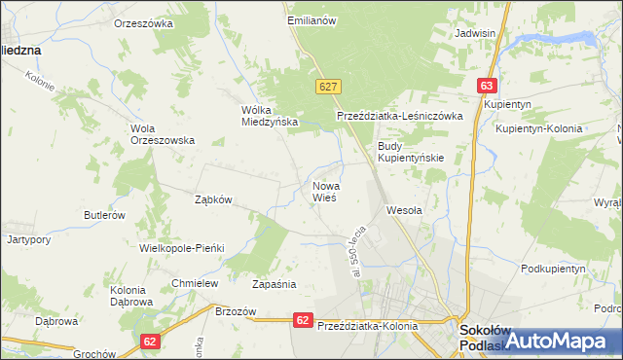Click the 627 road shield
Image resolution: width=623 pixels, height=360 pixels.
coord(327,87)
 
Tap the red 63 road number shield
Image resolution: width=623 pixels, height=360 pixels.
coord(488,86)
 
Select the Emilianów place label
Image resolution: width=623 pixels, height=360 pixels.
coord(311,19)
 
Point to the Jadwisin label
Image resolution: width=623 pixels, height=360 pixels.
coord(476,32)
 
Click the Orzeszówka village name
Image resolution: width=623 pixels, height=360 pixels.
coord(143,22)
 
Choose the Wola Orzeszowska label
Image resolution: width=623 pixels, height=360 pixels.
coord(163,133)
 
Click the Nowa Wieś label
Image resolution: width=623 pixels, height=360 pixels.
coord(325,190)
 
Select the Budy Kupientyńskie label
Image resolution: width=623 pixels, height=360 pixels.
coord(411,152)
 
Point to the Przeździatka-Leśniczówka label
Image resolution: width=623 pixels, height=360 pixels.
coord(398,116)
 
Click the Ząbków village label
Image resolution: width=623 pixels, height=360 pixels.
coord(213,199)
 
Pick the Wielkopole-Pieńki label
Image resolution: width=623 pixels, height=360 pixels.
coord(182,248)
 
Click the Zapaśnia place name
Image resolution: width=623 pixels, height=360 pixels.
coord(274,285)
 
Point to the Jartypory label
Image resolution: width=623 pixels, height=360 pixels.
coord(28,238)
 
